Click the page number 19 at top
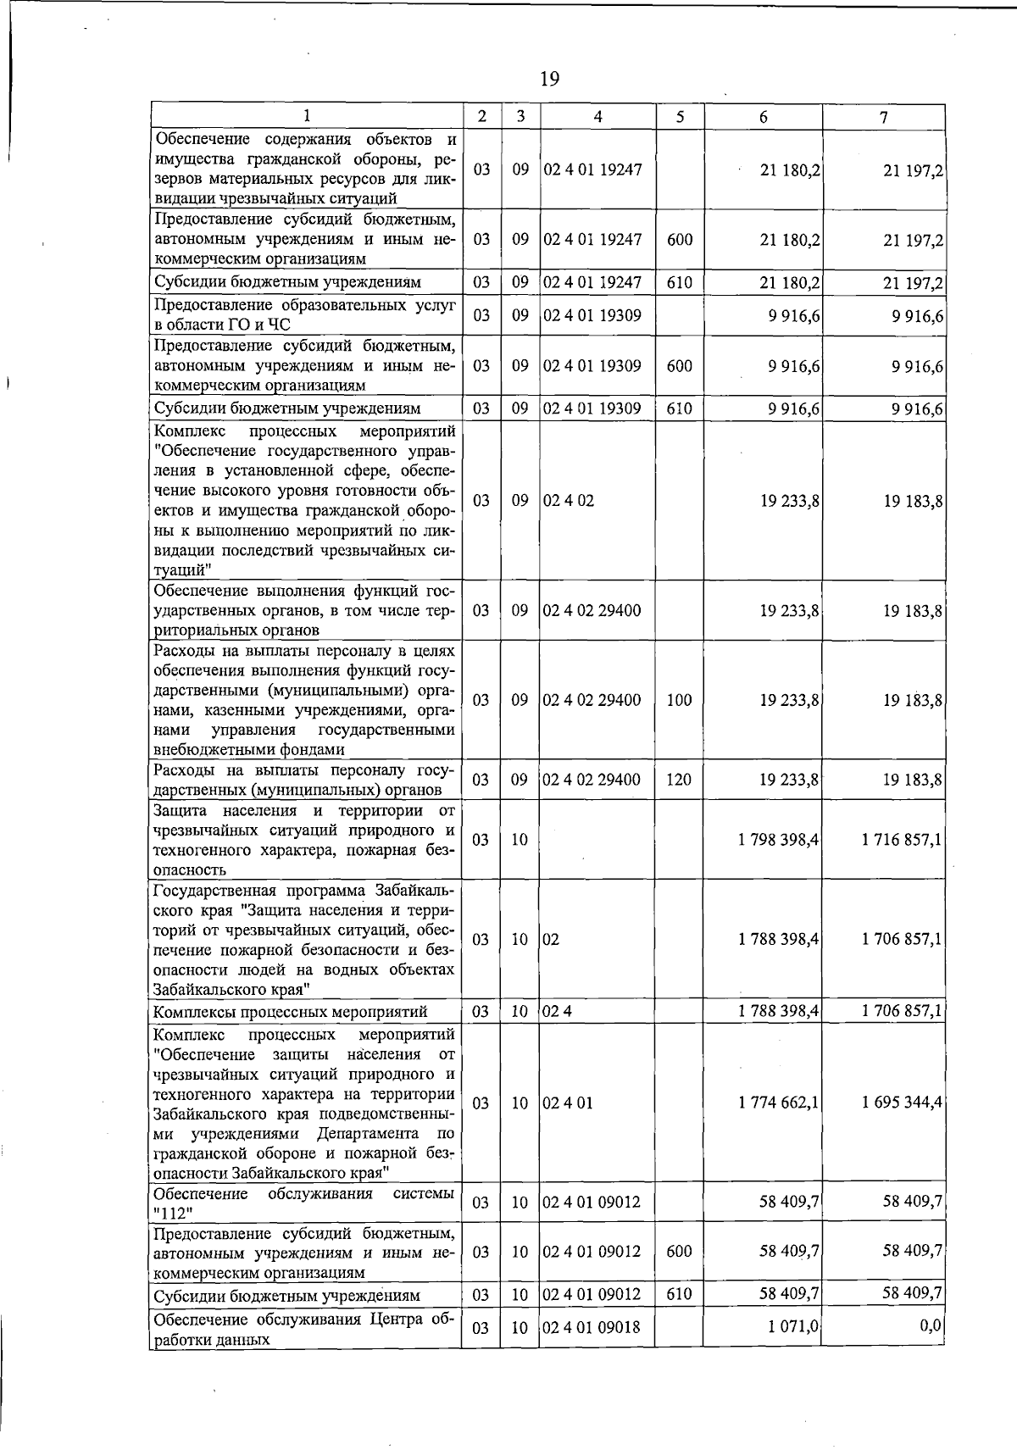coord(548,79)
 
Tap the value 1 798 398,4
coord(778,840)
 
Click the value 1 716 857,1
coord(902,840)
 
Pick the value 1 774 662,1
coord(778,1103)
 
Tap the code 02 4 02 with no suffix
coord(569,501)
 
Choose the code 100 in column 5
coord(679,701)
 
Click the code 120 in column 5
coord(679,781)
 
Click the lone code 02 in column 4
coord(552,940)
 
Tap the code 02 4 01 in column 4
coord(568,1103)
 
